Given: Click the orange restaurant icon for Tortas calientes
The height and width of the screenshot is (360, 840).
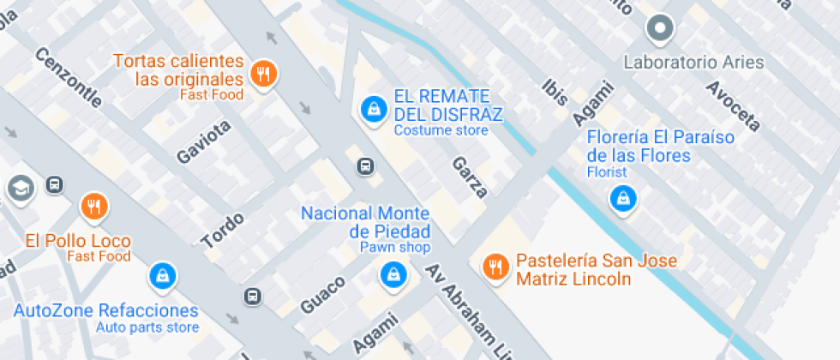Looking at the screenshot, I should coord(264,75).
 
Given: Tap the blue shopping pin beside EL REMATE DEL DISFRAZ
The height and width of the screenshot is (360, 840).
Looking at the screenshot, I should coord(373,109).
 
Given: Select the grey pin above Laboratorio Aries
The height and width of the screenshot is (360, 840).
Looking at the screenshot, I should coord(660,29).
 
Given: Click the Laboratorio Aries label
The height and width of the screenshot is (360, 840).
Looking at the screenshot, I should coord(693,63).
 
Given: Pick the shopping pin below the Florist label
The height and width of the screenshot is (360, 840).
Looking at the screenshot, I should coord(621,199).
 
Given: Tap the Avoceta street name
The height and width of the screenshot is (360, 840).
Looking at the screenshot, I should coord(732,107).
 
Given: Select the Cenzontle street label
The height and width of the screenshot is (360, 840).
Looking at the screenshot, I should coord(69,77).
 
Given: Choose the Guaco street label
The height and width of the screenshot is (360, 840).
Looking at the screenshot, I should coord(322,294).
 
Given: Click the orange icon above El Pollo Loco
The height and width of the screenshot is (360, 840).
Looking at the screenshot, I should coord(93,207).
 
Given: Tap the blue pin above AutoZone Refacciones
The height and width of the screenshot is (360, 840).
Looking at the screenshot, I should coord(162,275).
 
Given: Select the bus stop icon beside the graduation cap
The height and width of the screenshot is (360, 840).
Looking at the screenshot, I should coord(54,184).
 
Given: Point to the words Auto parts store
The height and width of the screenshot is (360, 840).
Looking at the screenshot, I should coord(147,327).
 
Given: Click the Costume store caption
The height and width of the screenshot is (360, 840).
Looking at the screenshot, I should coord(441,130).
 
